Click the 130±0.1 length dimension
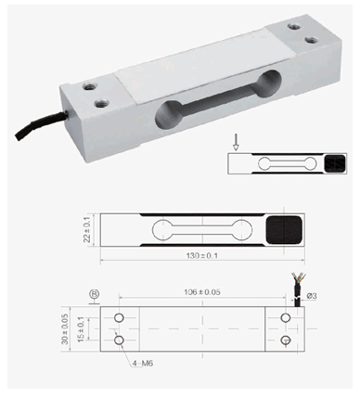click(202, 256)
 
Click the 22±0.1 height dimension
click(87, 230)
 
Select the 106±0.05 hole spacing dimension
click(202, 292)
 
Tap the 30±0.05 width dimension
click(65, 329)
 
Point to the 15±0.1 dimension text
click(81, 329)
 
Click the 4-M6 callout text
click(143, 364)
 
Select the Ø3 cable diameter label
click(312, 296)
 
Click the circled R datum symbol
click(95, 294)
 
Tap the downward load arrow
click(236, 142)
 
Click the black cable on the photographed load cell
click(40, 124)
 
